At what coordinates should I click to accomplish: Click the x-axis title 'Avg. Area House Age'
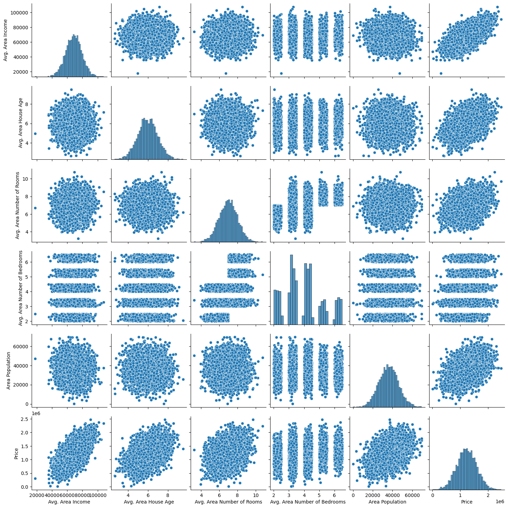pyautogui.click(x=149, y=502)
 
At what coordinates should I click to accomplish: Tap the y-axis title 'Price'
pyautogui.click(x=16, y=452)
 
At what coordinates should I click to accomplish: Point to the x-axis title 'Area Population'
pyautogui.click(x=387, y=502)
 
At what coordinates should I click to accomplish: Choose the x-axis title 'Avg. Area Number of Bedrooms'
pyautogui.click(x=308, y=502)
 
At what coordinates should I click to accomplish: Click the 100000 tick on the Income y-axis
pyautogui.click(x=20, y=13)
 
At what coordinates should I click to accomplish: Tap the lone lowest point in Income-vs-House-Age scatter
pyautogui.click(x=138, y=73)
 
